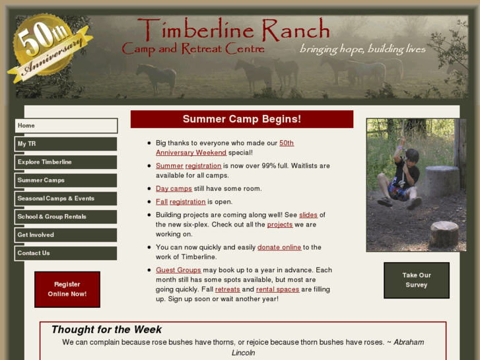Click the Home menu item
(x=66, y=126)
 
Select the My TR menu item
(x=66, y=144)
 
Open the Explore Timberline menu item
(x=66, y=162)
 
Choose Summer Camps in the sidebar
(x=66, y=180)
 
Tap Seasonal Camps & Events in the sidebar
(x=66, y=198)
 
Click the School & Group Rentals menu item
(x=66, y=217)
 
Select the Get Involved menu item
(x=66, y=234)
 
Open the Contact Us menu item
(x=66, y=253)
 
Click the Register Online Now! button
(x=67, y=289)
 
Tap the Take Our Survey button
(x=416, y=280)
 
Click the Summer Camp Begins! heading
(x=242, y=120)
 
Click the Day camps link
(x=174, y=189)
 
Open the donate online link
(x=279, y=248)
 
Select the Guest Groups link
(x=178, y=270)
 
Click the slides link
(x=308, y=215)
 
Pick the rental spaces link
(x=277, y=289)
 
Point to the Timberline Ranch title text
(x=233, y=30)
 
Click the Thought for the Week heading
(x=106, y=330)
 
